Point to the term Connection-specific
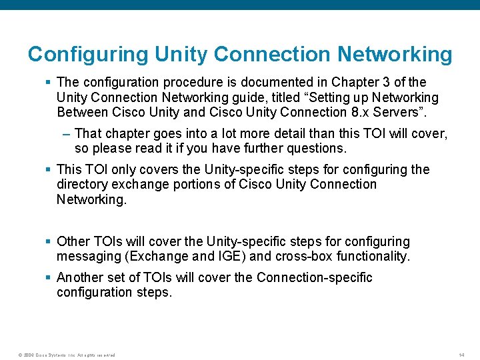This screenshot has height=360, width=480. coord(314,277)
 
